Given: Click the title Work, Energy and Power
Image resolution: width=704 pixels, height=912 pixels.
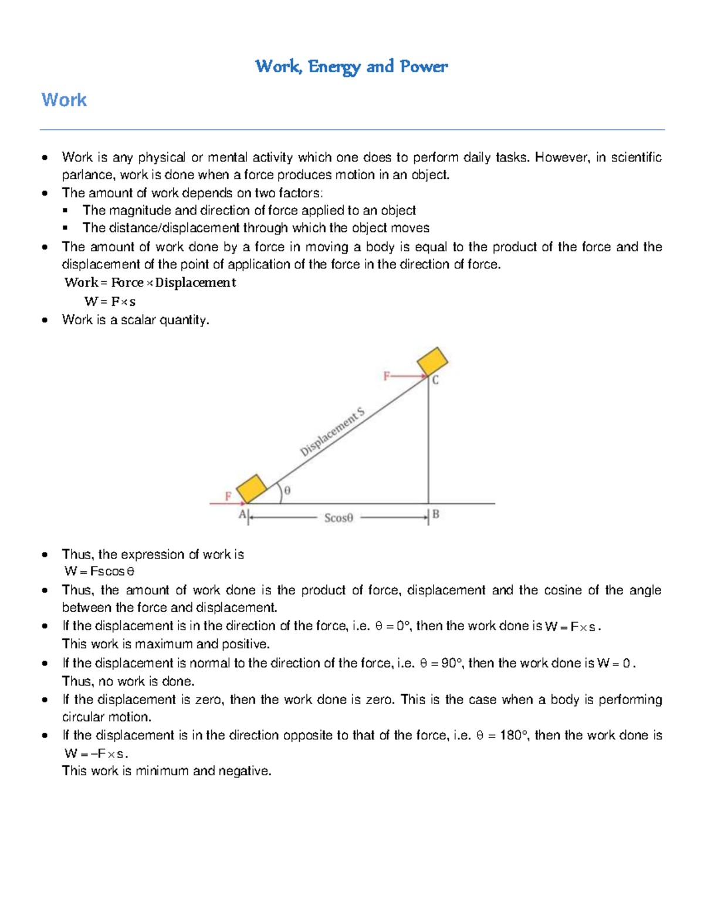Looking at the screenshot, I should point(351,66).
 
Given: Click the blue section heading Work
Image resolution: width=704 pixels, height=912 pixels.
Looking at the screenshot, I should point(64,100).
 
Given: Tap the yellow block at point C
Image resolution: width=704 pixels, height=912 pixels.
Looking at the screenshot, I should point(432,361).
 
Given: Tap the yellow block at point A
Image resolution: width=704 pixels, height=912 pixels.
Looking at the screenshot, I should point(252,489).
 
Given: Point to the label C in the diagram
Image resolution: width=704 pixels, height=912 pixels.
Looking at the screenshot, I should point(435,381).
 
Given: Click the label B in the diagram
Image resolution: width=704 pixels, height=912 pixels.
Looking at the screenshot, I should point(435,514).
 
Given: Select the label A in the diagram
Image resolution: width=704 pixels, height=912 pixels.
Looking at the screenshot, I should point(242,515).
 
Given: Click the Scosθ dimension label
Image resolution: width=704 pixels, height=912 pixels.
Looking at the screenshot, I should point(339,518).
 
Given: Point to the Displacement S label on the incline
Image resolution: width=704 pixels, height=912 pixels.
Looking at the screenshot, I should point(332,432).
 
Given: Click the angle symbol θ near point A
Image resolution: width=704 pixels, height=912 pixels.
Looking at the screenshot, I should point(287,490).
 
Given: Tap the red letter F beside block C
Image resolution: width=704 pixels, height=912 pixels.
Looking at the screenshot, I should point(387,376).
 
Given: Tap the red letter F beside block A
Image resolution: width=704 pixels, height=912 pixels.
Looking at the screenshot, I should point(228,496).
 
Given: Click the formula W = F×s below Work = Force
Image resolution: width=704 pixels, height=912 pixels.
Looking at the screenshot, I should point(110,302).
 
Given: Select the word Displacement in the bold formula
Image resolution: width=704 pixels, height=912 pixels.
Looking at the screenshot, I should point(195,282).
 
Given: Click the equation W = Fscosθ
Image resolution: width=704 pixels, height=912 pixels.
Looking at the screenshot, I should point(100,571).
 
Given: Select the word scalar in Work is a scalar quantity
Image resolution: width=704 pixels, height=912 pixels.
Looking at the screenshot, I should point(138,320).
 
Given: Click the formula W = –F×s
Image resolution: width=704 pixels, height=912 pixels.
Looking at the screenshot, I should point(95,753).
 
